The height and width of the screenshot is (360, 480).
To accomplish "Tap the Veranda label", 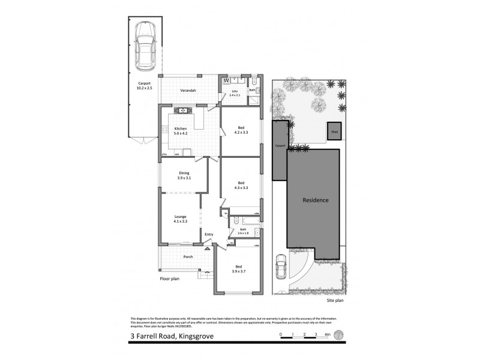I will [188, 91].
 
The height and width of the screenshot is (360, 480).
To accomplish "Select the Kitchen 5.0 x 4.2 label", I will [181, 131].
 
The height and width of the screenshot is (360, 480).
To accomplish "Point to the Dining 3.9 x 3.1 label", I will [184, 175].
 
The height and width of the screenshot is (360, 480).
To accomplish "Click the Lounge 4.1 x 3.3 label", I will [181, 219].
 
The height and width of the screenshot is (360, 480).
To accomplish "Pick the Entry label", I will [209, 235].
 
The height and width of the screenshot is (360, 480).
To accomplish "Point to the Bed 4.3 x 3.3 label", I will [241, 185].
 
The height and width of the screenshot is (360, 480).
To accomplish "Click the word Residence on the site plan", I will [315, 200].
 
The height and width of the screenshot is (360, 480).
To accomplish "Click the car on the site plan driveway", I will [281, 267].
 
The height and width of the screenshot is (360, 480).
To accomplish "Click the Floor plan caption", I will [170, 279].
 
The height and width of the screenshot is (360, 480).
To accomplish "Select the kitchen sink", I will [181, 110].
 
